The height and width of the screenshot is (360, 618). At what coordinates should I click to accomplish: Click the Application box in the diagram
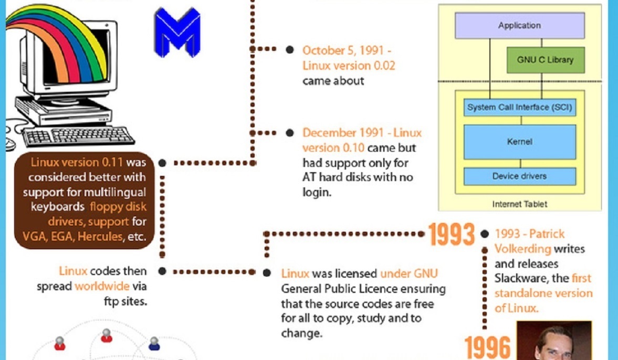tap(519, 26)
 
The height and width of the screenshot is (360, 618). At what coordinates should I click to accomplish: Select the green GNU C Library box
tap(546, 60)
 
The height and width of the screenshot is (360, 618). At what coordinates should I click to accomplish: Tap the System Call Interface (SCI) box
tap(519, 107)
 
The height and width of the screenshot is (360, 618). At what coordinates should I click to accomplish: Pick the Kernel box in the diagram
tap(519, 142)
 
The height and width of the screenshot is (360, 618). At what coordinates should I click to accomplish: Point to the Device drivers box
tap(519, 176)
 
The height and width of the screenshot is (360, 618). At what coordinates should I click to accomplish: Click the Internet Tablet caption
tap(519, 204)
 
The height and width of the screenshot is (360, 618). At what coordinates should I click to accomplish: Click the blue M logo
tap(177, 33)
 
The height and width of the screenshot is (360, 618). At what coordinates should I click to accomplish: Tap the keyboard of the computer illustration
tap(78, 136)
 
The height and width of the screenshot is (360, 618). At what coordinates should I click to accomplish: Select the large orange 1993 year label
tap(451, 235)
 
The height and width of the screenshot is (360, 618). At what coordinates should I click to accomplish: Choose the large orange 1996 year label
tap(488, 347)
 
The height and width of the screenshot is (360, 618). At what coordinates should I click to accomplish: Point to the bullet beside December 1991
tap(290, 133)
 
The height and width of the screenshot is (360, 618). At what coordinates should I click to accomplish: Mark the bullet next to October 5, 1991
tap(290, 50)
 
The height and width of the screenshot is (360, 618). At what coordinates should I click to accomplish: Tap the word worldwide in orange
tap(102, 286)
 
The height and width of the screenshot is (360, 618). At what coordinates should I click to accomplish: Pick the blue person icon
tap(154, 343)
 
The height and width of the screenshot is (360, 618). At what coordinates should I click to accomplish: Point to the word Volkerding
tap(522, 249)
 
